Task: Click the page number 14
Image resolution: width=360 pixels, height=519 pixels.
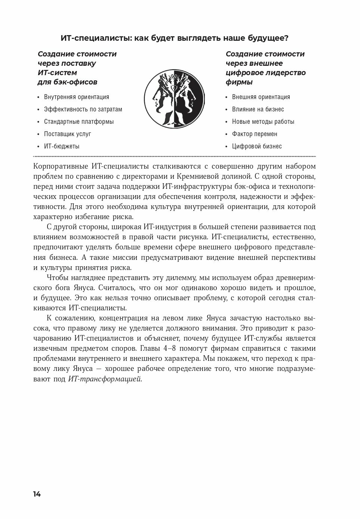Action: (x=37, y=494)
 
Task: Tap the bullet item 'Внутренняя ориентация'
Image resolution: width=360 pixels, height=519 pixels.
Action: (x=77, y=97)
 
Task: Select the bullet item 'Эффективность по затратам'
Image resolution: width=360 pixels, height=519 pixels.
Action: (x=83, y=109)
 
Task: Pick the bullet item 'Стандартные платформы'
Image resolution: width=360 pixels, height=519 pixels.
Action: (x=79, y=122)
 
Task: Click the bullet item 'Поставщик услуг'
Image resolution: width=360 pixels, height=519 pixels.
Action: (x=67, y=134)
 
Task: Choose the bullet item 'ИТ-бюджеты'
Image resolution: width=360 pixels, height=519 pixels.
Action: (x=62, y=146)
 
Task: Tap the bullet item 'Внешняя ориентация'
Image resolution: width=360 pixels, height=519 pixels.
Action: (x=261, y=97)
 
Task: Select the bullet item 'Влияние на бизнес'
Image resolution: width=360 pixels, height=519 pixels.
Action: (x=258, y=109)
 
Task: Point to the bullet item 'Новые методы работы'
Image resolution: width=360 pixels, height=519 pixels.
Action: (x=263, y=122)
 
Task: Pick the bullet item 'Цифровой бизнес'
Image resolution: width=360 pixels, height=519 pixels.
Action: (x=257, y=146)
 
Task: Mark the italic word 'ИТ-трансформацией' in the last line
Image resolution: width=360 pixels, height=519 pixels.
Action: (x=105, y=379)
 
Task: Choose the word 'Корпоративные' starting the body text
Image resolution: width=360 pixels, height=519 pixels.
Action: (x=60, y=166)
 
